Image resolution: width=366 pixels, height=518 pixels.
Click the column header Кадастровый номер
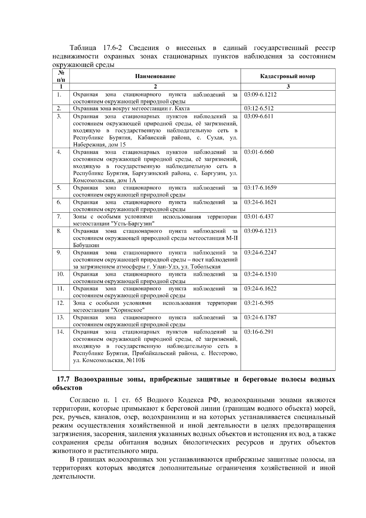288,76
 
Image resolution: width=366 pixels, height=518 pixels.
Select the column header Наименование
155,76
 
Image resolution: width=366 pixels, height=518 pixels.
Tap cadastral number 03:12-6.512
259,109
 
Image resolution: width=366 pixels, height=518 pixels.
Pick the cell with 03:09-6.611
259,116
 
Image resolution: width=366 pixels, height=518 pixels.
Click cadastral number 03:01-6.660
259,152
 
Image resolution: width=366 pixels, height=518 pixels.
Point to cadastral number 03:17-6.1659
260,188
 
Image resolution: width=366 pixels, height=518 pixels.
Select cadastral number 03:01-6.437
259,217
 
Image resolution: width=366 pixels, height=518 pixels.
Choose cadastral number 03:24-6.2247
260,253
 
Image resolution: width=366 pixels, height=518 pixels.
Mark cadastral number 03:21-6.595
259,303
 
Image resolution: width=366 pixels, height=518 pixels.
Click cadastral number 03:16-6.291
259,332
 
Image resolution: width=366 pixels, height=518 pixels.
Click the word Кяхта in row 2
182,109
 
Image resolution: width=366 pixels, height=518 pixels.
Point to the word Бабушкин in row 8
86,245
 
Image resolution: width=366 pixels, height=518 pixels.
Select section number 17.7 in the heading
64,380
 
